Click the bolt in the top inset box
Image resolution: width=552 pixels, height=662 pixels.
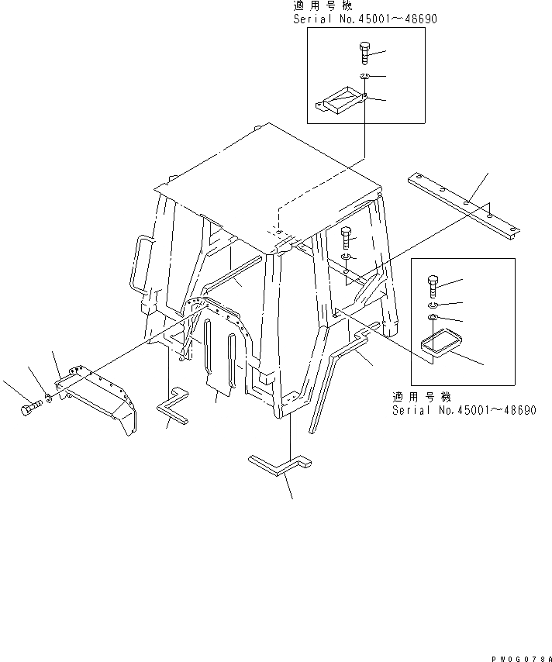click(364, 55)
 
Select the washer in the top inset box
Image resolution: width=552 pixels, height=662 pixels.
click(364, 76)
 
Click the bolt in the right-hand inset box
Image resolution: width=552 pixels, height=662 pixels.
click(433, 287)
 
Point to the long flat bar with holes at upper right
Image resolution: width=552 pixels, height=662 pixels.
click(462, 204)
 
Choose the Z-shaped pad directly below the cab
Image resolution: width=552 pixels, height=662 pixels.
click(279, 467)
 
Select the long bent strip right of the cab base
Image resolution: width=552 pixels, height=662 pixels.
click(341, 368)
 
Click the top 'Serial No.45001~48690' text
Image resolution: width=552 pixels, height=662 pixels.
click(364, 19)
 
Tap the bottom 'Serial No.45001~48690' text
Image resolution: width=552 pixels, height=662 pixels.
click(464, 410)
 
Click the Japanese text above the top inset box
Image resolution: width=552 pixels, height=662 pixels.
click(315, 5)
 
